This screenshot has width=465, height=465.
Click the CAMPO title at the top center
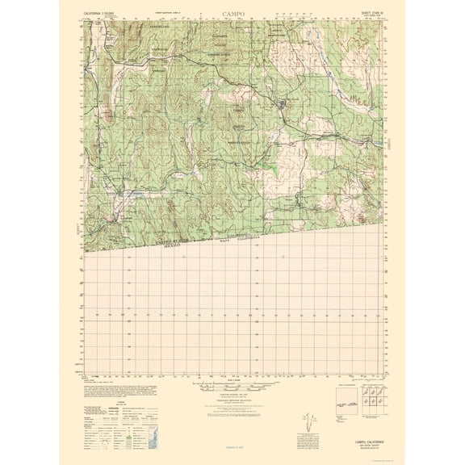232,14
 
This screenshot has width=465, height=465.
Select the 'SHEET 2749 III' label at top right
363,13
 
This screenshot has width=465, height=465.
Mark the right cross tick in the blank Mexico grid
284,257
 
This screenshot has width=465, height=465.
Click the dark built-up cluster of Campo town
282,103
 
